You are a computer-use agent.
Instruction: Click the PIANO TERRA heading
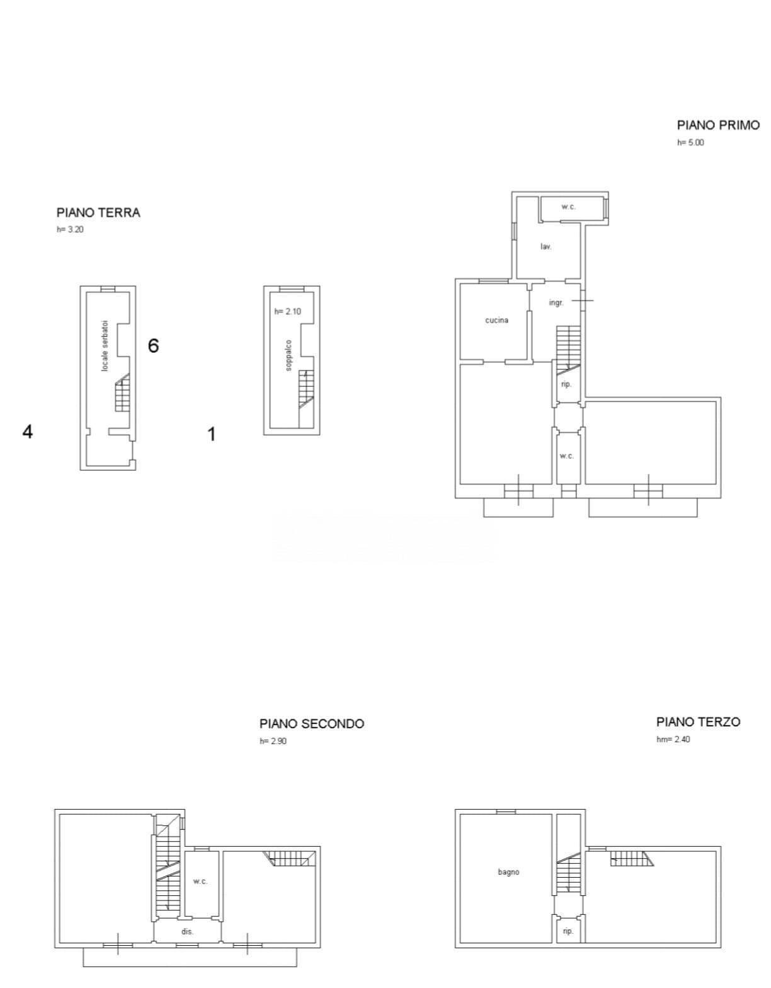point(98,213)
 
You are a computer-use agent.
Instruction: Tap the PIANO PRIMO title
point(718,125)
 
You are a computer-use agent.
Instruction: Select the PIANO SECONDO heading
point(312,723)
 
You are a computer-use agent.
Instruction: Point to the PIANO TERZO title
point(699,721)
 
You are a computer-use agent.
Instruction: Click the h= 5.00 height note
point(690,143)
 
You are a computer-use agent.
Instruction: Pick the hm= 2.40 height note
point(673,739)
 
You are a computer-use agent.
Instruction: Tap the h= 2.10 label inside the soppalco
point(288,311)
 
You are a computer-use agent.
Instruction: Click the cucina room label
point(496,320)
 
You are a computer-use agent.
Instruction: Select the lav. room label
point(545,246)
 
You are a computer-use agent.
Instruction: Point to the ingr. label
point(556,302)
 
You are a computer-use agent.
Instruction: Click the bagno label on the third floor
point(508,872)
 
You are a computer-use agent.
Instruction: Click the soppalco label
point(288,355)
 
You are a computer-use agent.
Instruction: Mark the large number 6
point(154,346)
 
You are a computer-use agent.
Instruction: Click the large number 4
point(27,432)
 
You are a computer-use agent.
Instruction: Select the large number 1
point(211,434)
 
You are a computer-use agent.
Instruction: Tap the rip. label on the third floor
point(568,931)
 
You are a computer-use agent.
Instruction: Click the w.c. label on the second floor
point(200,881)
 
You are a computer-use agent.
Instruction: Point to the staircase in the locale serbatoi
point(122,393)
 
